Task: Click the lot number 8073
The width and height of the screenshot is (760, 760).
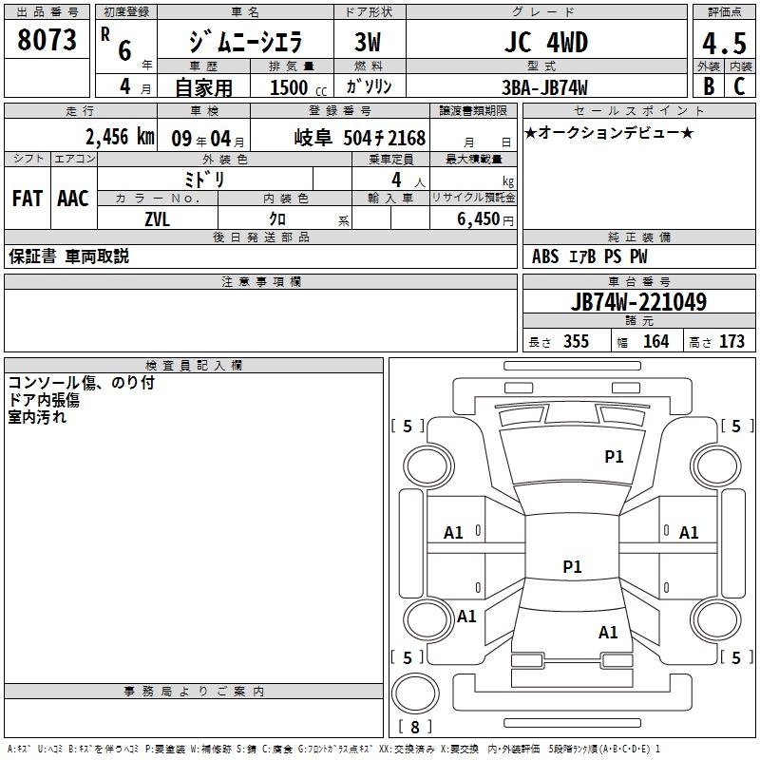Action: pos(47,41)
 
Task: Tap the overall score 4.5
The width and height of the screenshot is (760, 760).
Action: pos(722,43)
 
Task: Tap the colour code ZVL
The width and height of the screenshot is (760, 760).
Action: pos(159,218)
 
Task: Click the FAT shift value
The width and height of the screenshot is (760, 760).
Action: pos(28,199)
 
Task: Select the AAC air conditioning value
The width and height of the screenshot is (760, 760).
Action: pos(72,199)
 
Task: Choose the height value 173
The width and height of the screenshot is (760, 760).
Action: pos(731,342)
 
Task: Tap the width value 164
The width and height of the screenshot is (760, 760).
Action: pos(655,342)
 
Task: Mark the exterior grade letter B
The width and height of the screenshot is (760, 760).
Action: pos(708,86)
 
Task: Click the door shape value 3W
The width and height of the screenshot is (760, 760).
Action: pos(368,43)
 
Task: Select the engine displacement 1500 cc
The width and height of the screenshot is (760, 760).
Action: pos(290,87)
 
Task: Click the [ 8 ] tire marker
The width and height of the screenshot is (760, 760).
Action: pos(414,727)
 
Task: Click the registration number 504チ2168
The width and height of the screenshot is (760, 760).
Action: pos(385,137)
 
